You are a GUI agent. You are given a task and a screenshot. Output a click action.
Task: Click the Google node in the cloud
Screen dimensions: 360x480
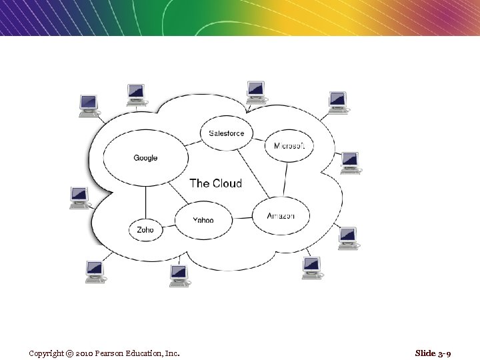pyautogui.click(x=145, y=158)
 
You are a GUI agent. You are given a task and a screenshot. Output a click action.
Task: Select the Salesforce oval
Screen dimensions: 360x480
pyautogui.click(x=227, y=133)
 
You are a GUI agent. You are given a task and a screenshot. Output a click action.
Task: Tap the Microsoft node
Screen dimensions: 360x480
pyautogui.click(x=289, y=146)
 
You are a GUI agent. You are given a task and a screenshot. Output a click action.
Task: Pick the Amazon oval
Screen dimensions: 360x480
pyautogui.click(x=281, y=216)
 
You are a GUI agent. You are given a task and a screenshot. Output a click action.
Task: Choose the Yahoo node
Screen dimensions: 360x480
pyautogui.click(x=203, y=219)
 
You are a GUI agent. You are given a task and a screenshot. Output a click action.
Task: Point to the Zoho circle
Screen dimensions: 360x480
pyautogui.click(x=145, y=229)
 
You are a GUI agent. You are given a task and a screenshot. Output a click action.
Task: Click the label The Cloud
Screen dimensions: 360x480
pyautogui.click(x=215, y=183)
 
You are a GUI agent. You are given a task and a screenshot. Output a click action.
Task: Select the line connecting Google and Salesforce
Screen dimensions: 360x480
pyautogui.click(x=194, y=141)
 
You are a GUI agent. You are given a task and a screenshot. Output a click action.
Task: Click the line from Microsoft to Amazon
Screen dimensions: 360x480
pyautogui.click(x=286, y=179)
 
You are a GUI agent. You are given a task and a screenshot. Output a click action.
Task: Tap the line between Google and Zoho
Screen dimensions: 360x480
pyautogui.click(x=145, y=202)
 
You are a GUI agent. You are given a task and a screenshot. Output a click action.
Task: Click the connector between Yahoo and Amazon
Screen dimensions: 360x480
pyautogui.click(x=243, y=218)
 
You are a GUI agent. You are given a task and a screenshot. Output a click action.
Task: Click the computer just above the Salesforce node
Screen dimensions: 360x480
pyautogui.click(x=256, y=91)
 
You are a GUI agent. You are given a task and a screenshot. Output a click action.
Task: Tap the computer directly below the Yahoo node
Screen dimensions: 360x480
pyautogui.click(x=179, y=274)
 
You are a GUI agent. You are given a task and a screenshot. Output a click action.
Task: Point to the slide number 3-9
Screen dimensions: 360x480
pyautogui.click(x=441, y=353)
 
